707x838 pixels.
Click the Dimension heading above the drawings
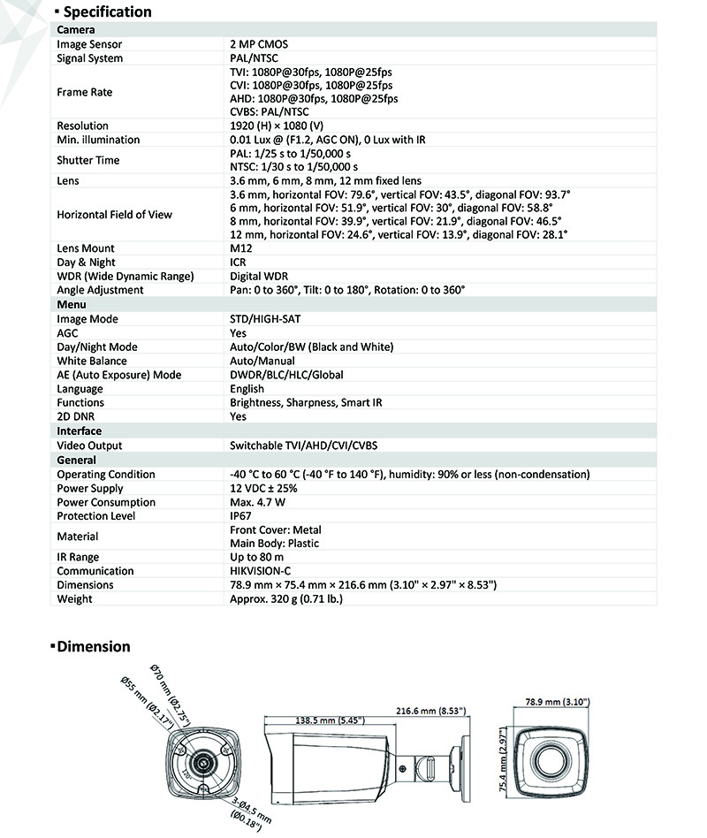(x=93, y=646)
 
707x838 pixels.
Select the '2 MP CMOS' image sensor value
(x=259, y=44)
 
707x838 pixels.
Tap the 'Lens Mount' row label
(x=86, y=248)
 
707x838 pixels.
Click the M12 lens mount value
(x=239, y=248)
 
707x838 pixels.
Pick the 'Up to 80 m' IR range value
(x=256, y=557)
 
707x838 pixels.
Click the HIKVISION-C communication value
(x=262, y=571)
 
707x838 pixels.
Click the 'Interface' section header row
(x=80, y=431)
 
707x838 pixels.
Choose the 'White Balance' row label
(x=92, y=361)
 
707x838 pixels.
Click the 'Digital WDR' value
(x=259, y=276)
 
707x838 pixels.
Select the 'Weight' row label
(x=74, y=598)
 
